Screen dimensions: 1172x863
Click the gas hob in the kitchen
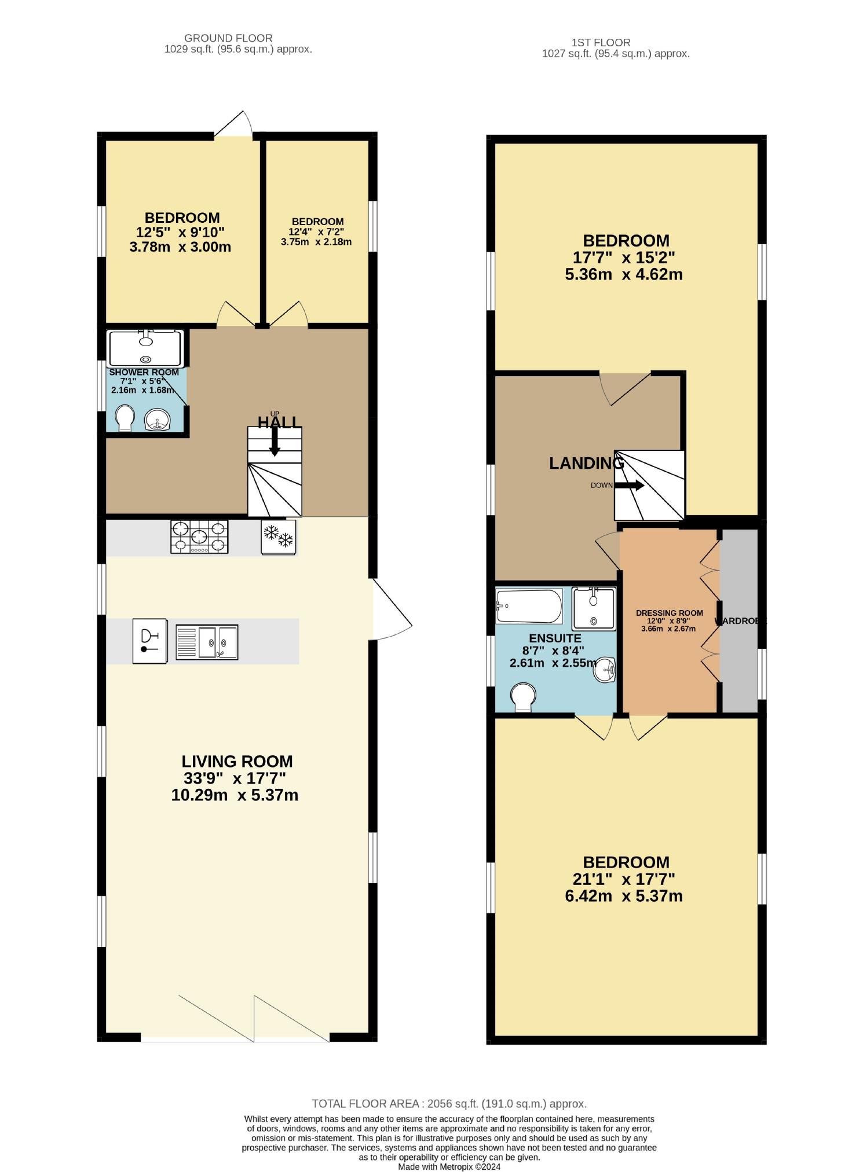(x=199, y=537)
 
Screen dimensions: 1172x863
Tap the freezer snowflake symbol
(x=279, y=537)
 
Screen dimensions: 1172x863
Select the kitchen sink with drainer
(x=207, y=642)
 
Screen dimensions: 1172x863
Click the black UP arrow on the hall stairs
(x=275, y=443)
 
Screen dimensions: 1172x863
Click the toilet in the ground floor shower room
(x=124, y=417)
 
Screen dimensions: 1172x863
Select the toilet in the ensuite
(x=523, y=696)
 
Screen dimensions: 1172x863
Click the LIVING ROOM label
(x=237, y=761)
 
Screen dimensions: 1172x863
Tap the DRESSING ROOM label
(x=669, y=613)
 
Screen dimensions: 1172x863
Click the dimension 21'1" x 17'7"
(x=624, y=879)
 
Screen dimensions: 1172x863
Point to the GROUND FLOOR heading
(x=228, y=38)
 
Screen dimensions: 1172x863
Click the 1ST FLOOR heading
(x=601, y=42)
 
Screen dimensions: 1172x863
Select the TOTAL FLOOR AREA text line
(x=449, y=1104)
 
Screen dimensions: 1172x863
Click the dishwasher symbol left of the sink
(x=149, y=641)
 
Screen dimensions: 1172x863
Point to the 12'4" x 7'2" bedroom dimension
(x=317, y=232)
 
